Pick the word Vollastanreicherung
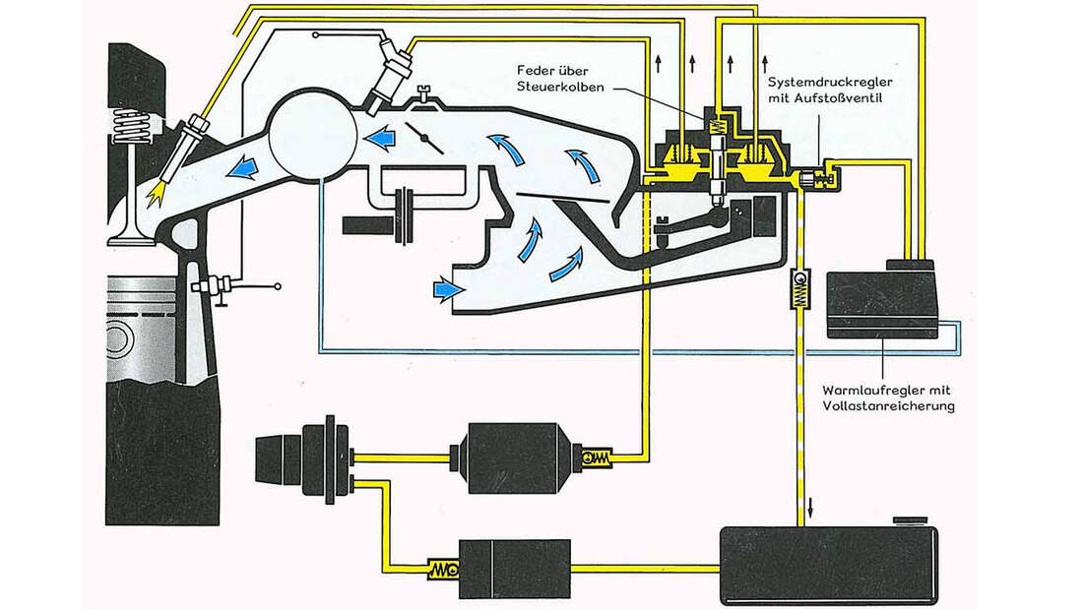click(x=889, y=405)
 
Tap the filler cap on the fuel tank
click(x=906, y=520)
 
